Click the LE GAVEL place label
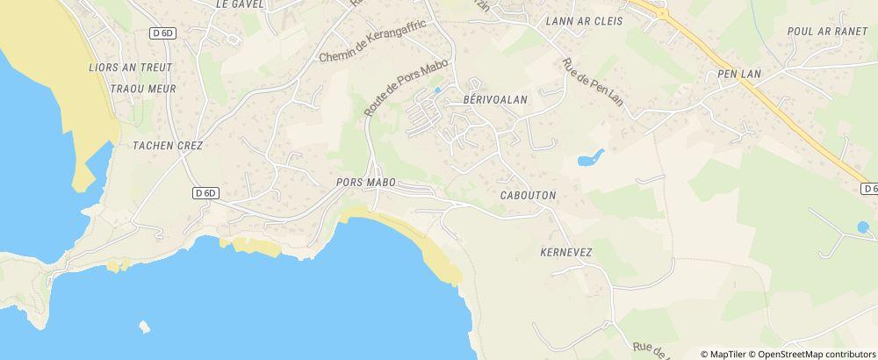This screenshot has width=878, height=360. [240, 4]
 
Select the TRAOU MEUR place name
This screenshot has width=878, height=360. [144, 89]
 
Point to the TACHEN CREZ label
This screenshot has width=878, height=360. [168, 146]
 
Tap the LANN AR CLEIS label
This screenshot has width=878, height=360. [584, 21]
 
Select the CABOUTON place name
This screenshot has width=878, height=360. [528, 196]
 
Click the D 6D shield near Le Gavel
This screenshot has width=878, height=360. [162, 32]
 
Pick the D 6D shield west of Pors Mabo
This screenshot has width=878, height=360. [205, 192]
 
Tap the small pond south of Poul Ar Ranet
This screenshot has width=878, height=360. [863, 227]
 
